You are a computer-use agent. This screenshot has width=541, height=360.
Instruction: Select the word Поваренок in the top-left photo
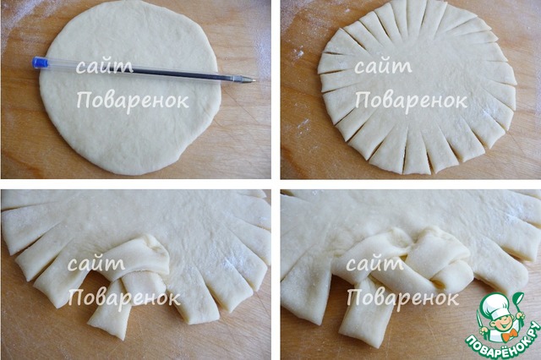click(133, 101)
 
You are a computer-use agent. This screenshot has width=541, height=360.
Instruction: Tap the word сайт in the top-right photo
click(383, 66)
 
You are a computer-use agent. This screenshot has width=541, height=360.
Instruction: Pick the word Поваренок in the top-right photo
click(411, 101)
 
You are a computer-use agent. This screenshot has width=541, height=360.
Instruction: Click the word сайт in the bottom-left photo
click(96, 264)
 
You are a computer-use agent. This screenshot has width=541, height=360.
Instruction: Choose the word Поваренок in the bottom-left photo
click(124, 297)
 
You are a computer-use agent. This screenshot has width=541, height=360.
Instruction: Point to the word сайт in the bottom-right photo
click(374, 264)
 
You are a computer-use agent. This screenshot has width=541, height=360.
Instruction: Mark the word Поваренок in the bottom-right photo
click(402, 297)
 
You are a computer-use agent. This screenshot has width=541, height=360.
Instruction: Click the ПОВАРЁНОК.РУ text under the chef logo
click(503, 341)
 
